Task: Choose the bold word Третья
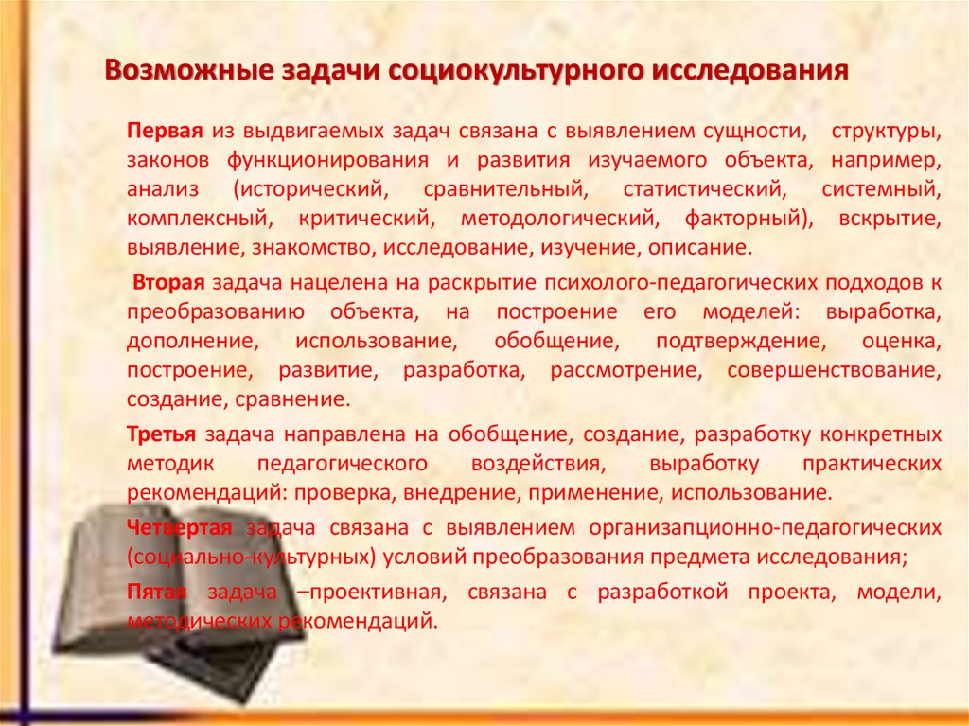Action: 162,434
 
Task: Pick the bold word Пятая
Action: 157,593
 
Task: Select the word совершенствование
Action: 835,370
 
